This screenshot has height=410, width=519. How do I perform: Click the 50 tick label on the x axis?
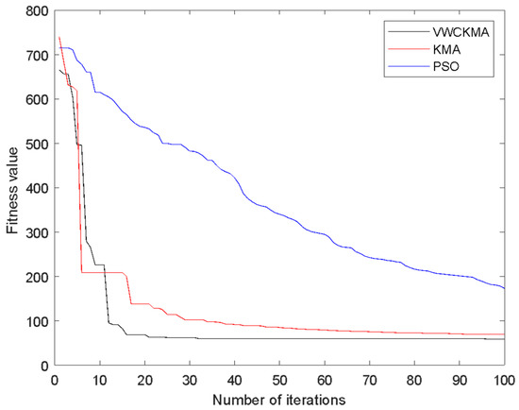click(279, 379)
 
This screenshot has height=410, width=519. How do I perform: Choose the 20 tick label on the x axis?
click(145, 379)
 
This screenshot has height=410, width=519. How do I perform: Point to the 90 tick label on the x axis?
click(459, 379)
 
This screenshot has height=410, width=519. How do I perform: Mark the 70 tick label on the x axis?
click(369, 379)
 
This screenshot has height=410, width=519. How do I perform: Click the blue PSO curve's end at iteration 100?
click(503, 288)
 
